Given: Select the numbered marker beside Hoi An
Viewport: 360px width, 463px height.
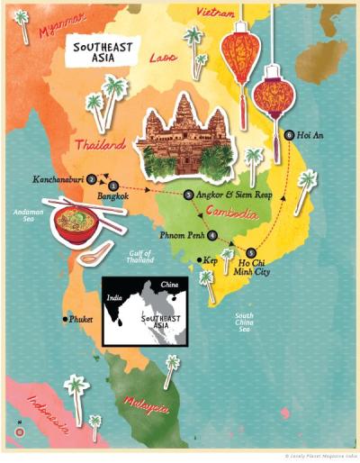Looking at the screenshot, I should click(x=288, y=135).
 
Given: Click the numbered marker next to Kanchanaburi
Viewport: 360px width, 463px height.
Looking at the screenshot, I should click(x=92, y=178).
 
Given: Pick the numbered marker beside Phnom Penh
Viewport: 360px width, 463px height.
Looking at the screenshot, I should click(x=212, y=236).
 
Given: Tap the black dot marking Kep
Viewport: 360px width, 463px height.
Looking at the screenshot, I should click(x=198, y=260).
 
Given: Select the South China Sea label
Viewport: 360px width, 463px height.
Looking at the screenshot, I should click(x=244, y=322).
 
